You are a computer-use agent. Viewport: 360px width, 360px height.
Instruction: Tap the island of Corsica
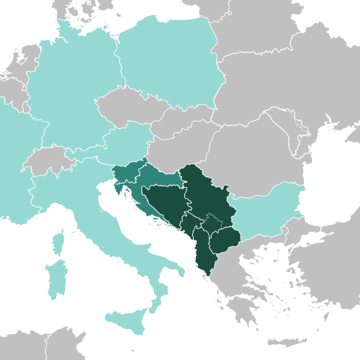tap(59, 242)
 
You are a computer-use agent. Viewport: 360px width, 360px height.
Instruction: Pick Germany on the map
tap(68, 94)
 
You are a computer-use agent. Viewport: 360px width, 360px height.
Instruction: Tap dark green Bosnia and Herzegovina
tap(166, 205)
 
